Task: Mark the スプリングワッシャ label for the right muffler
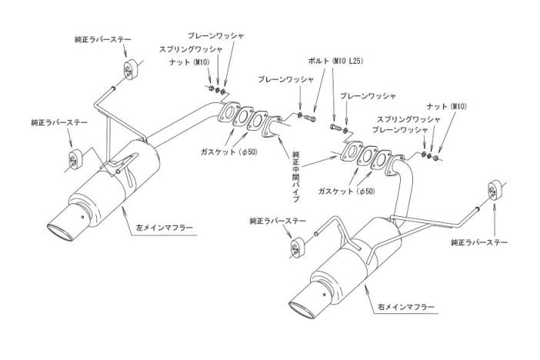[x=408, y=119]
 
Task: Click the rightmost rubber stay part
[x=493, y=188]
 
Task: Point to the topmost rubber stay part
[x=125, y=67]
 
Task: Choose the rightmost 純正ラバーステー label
[x=479, y=243]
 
